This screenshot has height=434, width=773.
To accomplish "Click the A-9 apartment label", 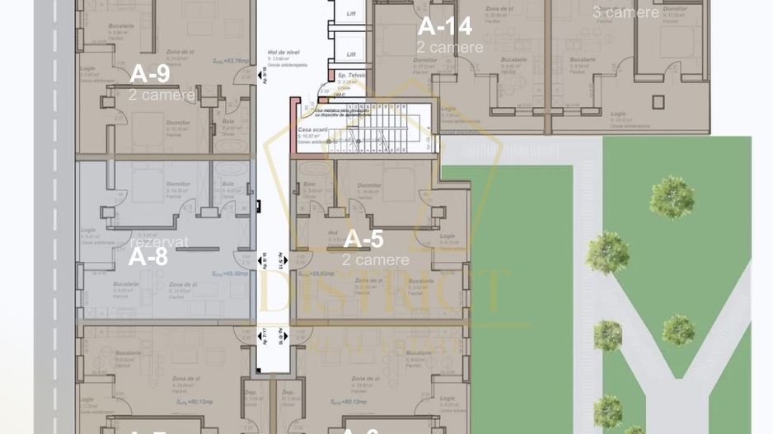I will pyautogui.click(x=150, y=74).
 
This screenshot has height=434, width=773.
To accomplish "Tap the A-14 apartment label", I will pyautogui.click(x=445, y=26).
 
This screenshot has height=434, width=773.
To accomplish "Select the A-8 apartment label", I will pyautogui.click(x=148, y=256).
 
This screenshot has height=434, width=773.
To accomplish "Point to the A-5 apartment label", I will pyautogui.click(x=363, y=239).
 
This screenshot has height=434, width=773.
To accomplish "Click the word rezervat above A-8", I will pyautogui.click(x=159, y=242).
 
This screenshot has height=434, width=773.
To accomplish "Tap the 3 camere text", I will pyautogui.click(x=625, y=12).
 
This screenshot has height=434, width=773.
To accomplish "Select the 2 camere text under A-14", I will pyautogui.click(x=450, y=48).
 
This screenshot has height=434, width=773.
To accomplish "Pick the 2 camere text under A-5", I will pyautogui.click(x=375, y=260).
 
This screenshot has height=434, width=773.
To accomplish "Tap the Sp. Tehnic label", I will pyautogui.click(x=351, y=75).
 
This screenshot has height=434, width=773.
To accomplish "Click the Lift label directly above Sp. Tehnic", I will pyautogui.click(x=351, y=54).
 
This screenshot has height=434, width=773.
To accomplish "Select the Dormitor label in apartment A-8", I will pyautogui.click(x=178, y=184).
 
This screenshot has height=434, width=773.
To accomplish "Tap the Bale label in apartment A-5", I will pyautogui.click(x=310, y=184).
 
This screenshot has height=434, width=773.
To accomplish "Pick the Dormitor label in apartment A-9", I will pyautogui.click(x=178, y=123).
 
